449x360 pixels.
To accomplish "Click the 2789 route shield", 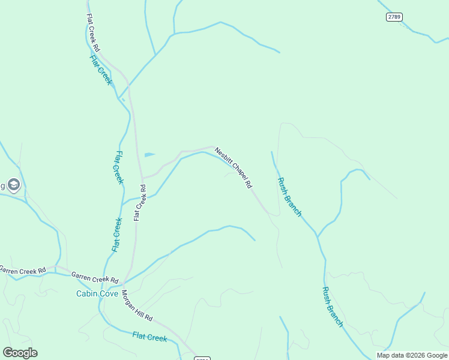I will (x=394, y=17).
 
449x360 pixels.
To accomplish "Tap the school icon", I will (x=14, y=185).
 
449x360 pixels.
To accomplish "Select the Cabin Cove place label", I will (x=96, y=293).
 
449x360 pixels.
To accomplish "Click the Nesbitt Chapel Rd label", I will (x=233, y=169).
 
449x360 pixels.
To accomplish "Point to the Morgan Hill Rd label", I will (x=137, y=306).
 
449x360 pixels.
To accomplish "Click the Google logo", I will (x=20, y=353).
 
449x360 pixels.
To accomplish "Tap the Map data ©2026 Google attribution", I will (x=412, y=355).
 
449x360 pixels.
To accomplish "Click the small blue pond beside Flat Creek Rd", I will (x=149, y=155).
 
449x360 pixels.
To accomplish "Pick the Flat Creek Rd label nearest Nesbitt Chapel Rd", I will (x=140, y=203).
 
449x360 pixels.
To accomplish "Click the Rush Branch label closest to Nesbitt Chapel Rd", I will (x=289, y=197).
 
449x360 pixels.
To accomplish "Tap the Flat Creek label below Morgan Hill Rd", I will (x=149, y=337).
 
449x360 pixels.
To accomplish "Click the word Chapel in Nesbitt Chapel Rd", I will (x=235, y=170).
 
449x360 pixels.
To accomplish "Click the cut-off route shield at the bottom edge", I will (x=202, y=358).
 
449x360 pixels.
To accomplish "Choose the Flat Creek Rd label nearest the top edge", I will (x=94, y=32).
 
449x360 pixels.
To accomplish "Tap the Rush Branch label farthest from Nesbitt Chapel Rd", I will (x=332, y=307).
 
